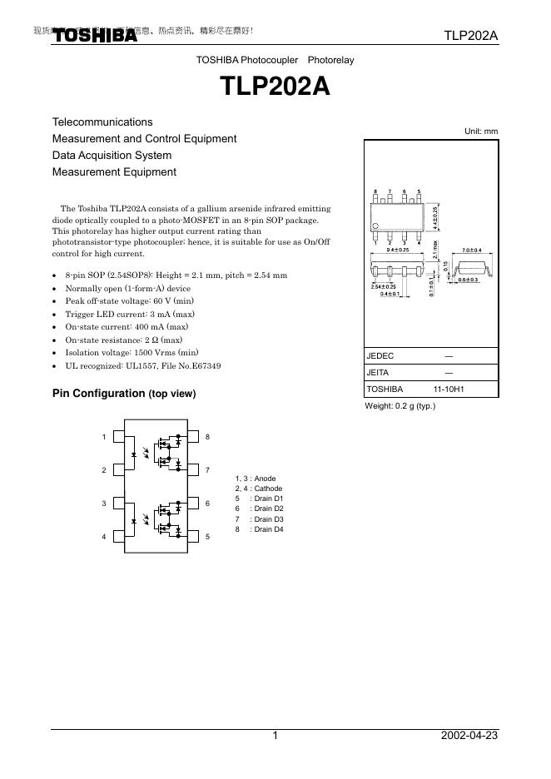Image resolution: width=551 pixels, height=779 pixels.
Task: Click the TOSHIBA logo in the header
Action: [x=96, y=36]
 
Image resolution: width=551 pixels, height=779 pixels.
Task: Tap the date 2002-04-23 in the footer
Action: [x=469, y=736]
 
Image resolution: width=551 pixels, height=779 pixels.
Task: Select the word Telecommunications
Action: [x=102, y=122]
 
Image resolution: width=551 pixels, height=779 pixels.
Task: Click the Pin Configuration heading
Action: [x=124, y=394]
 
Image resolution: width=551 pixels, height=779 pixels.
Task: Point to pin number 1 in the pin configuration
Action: [x=104, y=437]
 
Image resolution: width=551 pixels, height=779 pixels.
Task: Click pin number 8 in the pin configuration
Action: [x=207, y=437]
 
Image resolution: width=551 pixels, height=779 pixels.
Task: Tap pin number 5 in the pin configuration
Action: [x=207, y=537]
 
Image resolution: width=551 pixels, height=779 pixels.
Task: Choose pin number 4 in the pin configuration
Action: [x=104, y=537]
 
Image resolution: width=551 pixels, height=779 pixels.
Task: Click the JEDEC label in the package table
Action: [x=380, y=355]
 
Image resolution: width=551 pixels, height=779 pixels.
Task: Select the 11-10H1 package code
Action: [x=449, y=389]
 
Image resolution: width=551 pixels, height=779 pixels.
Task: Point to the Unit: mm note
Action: [x=480, y=131]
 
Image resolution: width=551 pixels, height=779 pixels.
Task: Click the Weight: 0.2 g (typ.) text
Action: [x=400, y=406]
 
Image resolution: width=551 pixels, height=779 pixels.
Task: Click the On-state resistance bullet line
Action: [x=123, y=340]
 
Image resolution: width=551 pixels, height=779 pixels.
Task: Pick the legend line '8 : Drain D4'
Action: [x=260, y=529]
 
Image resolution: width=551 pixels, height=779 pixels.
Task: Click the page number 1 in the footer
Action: [x=275, y=736]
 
